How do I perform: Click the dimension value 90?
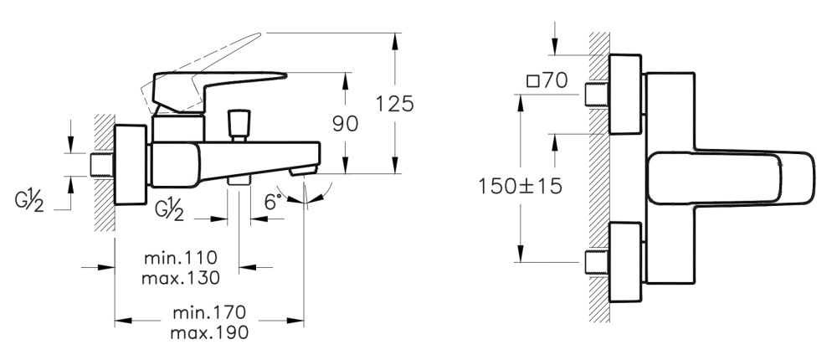[344, 123]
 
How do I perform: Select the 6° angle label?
[272, 202]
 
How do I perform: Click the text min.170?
[210, 313]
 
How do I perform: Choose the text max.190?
[210, 332]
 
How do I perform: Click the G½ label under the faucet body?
[169, 208]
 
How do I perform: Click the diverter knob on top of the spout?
[241, 123]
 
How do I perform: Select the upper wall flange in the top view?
[625, 94]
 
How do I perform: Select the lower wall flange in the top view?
[625, 263]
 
